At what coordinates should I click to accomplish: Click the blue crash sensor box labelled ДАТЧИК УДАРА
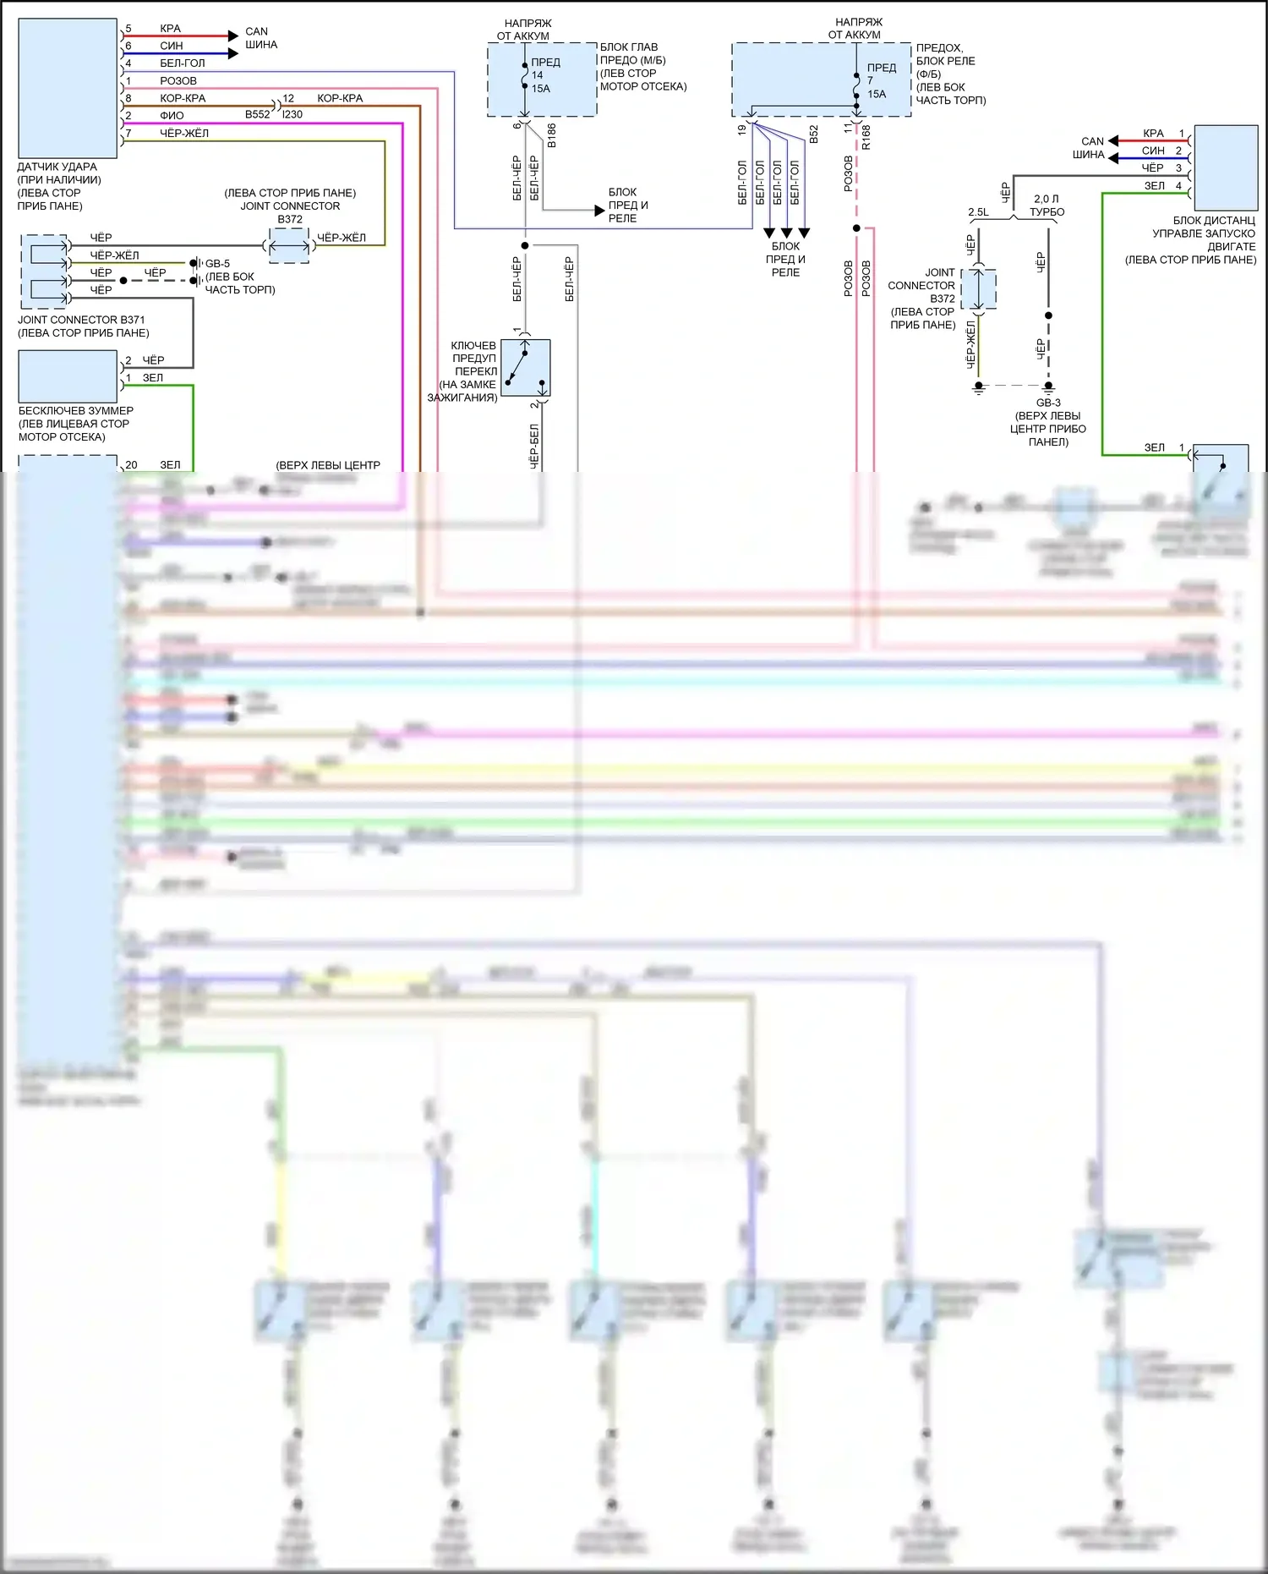coord(67,88)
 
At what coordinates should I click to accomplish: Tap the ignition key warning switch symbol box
coord(526,368)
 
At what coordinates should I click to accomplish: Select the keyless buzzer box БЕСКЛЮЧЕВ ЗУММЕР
coord(67,376)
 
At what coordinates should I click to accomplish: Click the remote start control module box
coord(1226,167)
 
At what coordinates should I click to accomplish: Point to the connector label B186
coord(552,135)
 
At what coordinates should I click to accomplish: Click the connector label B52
coord(813,134)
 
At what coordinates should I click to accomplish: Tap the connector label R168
coord(866,137)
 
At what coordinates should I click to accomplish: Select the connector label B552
coord(258,114)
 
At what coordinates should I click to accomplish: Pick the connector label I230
coord(292,114)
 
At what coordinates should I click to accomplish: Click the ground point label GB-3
coord(1048,403)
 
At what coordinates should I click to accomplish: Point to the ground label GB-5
coord(217,264)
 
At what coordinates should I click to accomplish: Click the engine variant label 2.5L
coord(978,212)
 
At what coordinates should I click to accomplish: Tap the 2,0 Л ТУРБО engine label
coord(1047,206)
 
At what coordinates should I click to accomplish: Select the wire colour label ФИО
coord(172,115)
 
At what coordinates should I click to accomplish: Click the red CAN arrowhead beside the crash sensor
coord(233,36)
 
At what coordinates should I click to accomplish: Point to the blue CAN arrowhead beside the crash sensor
coord(233,53)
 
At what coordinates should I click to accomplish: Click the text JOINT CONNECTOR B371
coord(81,320)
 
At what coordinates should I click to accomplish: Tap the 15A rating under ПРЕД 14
coord(540,88)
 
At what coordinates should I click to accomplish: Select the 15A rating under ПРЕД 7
coord(877,94)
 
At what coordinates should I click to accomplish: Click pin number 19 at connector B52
coord(742,130)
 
